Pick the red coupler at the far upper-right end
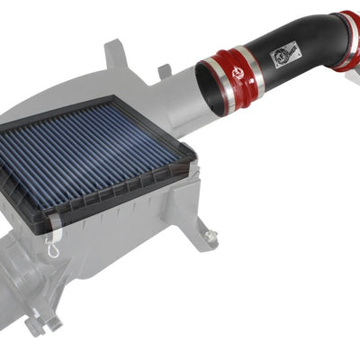346,40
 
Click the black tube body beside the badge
310,45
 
